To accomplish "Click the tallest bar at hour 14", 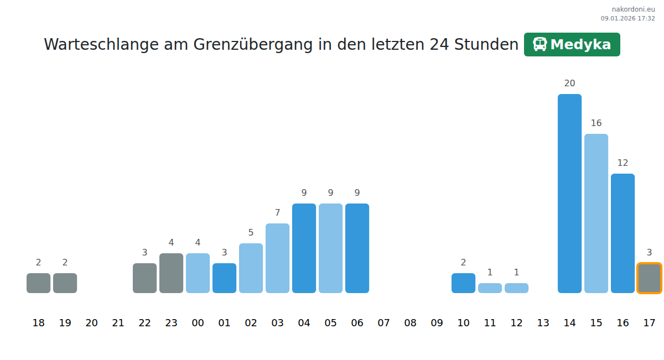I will click(569, 194).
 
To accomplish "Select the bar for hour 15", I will click(596, 213).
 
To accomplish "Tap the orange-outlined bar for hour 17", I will click(649, 278).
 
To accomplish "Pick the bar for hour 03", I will click(277, 258).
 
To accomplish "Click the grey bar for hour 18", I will click(38, 283).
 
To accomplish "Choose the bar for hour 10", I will click(463, 283).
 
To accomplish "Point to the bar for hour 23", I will click(171, 273).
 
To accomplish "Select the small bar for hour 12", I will click(516, 288).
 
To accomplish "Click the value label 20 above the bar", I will click(569, 84).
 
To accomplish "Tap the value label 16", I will click(596, 123).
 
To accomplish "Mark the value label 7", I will click(277, 213).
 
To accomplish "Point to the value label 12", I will click(622, 163).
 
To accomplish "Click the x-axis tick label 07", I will click(383, 323).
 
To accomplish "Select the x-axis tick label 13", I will click(543, 323).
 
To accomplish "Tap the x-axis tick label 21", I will click(118, 323).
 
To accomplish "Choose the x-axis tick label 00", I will click(198, 323).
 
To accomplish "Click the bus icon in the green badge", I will click(539, 44).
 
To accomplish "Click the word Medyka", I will click(580, 45).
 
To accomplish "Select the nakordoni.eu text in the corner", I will click(633, 9).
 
